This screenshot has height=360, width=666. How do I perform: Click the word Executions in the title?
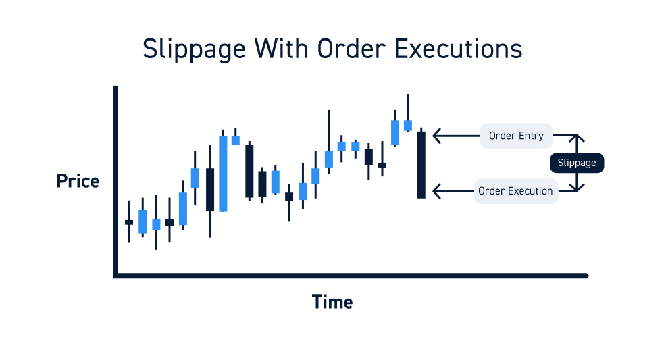(x=459, y=49)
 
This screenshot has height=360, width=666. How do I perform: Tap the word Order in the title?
(x=352, y=49)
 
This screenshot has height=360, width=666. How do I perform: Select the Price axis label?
(x=78, y=181)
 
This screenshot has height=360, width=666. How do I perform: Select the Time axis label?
(x=332, y=303)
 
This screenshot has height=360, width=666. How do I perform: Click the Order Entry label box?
(x=516, y=136)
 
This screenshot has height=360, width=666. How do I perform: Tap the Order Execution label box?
(x=515, y=191)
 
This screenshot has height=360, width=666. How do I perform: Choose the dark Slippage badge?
(x=577, y=163)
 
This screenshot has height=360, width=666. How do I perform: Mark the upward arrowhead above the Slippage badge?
(x=577, y=138)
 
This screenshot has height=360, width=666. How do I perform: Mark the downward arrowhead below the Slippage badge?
(x=577, y=188)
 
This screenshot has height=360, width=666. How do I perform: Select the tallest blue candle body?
(x=223, y=174)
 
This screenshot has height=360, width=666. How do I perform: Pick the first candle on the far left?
(x=129, y=222)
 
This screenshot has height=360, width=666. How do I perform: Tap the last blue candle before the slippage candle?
(x=408, y=126)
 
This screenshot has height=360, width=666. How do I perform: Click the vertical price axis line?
(x=115, y=182)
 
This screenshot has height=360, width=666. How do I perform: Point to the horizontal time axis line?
(x=351, y=276)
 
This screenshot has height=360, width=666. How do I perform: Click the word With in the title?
(x=281, y=49)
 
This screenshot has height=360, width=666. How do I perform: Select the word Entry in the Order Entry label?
(x=531, y=136)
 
